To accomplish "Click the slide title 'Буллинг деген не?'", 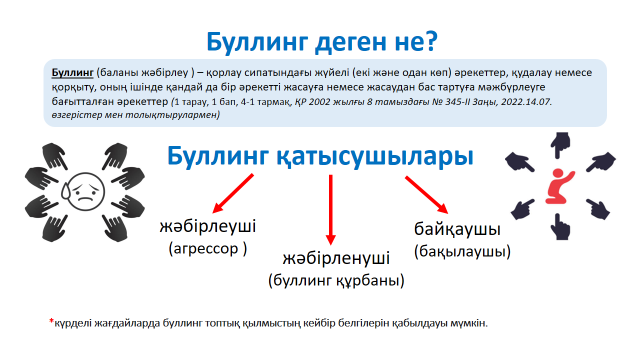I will (321, 41).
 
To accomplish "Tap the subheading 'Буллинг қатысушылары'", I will (321, 157).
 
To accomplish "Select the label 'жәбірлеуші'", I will (208, 227).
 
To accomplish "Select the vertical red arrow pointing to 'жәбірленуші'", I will (330, 205).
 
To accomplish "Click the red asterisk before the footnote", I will (51, 322).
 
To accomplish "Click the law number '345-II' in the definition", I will (434, 102).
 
